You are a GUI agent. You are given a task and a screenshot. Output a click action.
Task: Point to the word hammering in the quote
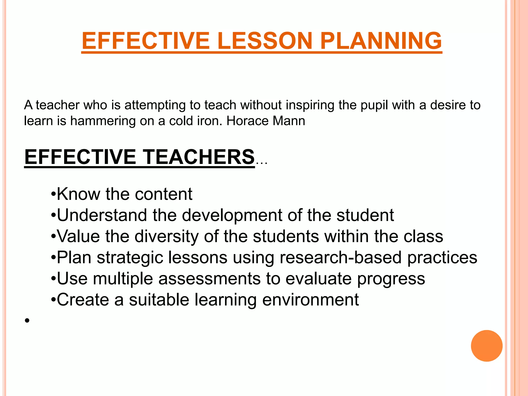(103, 121)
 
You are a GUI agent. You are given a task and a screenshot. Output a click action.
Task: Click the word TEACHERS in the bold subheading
(199, 157)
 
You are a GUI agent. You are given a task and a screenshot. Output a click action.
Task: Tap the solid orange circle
(486, 346)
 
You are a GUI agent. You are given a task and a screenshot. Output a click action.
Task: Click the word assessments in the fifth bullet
(209, 279)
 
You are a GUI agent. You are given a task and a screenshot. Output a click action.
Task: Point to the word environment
(310, 300)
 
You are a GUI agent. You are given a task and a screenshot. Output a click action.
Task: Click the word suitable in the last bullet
(159, 300)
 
